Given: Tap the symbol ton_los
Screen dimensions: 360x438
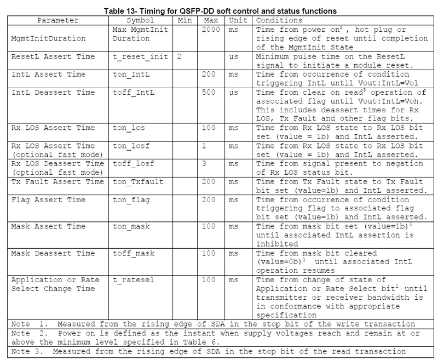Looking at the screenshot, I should click(130, 127).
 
